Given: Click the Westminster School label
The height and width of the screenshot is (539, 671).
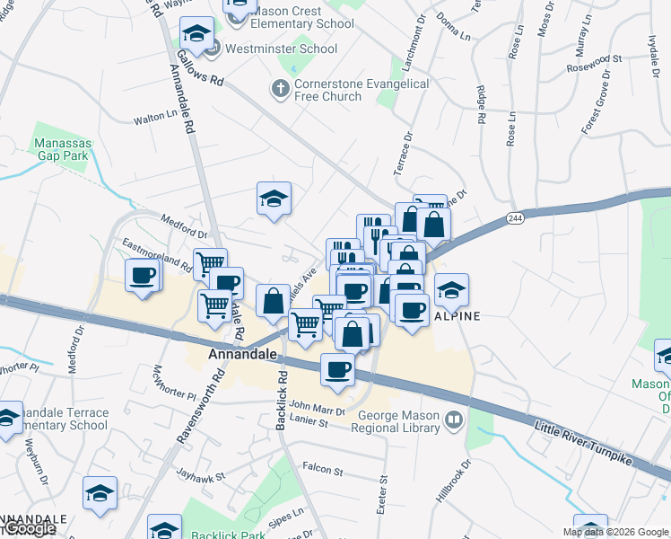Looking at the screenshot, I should click(x=281, y=49).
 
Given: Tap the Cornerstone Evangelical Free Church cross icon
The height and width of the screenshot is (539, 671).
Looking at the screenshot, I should click(x=279, y=89).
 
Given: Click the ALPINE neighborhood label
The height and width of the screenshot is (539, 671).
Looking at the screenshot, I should click(x=457, y=316).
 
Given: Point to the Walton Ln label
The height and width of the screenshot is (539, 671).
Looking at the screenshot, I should click(x=155, y=117).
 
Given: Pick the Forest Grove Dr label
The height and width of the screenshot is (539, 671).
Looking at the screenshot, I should click(x=601, y=110).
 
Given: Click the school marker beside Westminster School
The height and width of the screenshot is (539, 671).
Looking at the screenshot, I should click(x=196, y=35).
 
